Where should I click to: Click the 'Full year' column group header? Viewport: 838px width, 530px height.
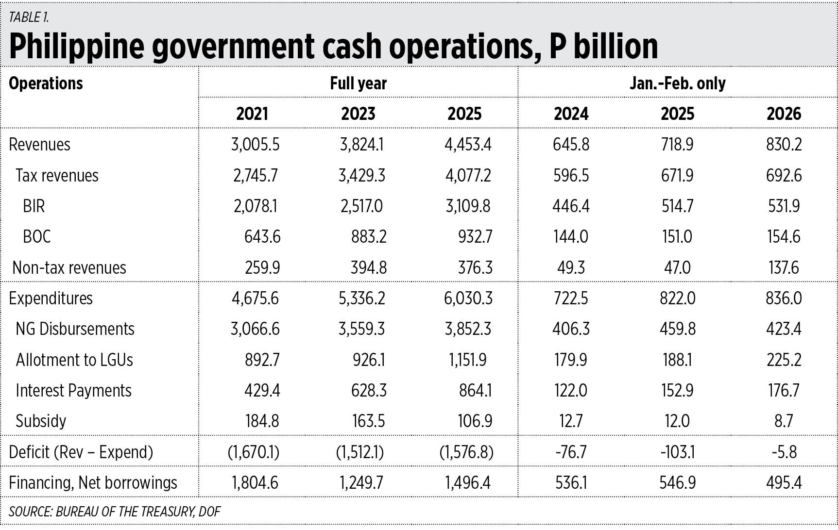coord(358,83)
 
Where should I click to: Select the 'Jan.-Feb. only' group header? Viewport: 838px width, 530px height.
coord(677,83)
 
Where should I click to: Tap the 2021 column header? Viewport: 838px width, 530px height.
coord(252,114)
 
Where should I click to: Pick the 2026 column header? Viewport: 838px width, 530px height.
coord(784,114)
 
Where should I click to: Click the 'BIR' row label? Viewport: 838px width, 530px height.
coord(34,206)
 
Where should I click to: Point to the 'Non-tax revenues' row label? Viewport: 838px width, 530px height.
coord(69,268)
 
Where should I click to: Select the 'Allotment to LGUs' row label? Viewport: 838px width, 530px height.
coord(74,360)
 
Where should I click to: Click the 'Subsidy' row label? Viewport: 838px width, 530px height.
coord(41,421)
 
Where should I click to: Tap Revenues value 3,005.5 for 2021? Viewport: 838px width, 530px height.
coord(255,145)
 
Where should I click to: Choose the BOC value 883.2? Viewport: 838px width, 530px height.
coord(369,237)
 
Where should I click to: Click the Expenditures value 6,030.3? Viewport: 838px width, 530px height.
coord(468,298)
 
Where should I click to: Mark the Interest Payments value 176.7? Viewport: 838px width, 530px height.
coord(784,391)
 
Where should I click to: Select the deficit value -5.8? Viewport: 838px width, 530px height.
coord(784,452)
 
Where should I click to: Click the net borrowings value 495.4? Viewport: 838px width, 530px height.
coord(784,483)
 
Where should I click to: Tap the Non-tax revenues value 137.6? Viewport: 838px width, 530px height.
coord(784,268)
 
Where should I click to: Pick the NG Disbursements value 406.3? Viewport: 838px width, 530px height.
coord(571,329)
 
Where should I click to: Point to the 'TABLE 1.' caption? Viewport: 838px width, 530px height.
coord(29,17)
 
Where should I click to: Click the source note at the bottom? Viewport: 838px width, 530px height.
coord(115,512)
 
